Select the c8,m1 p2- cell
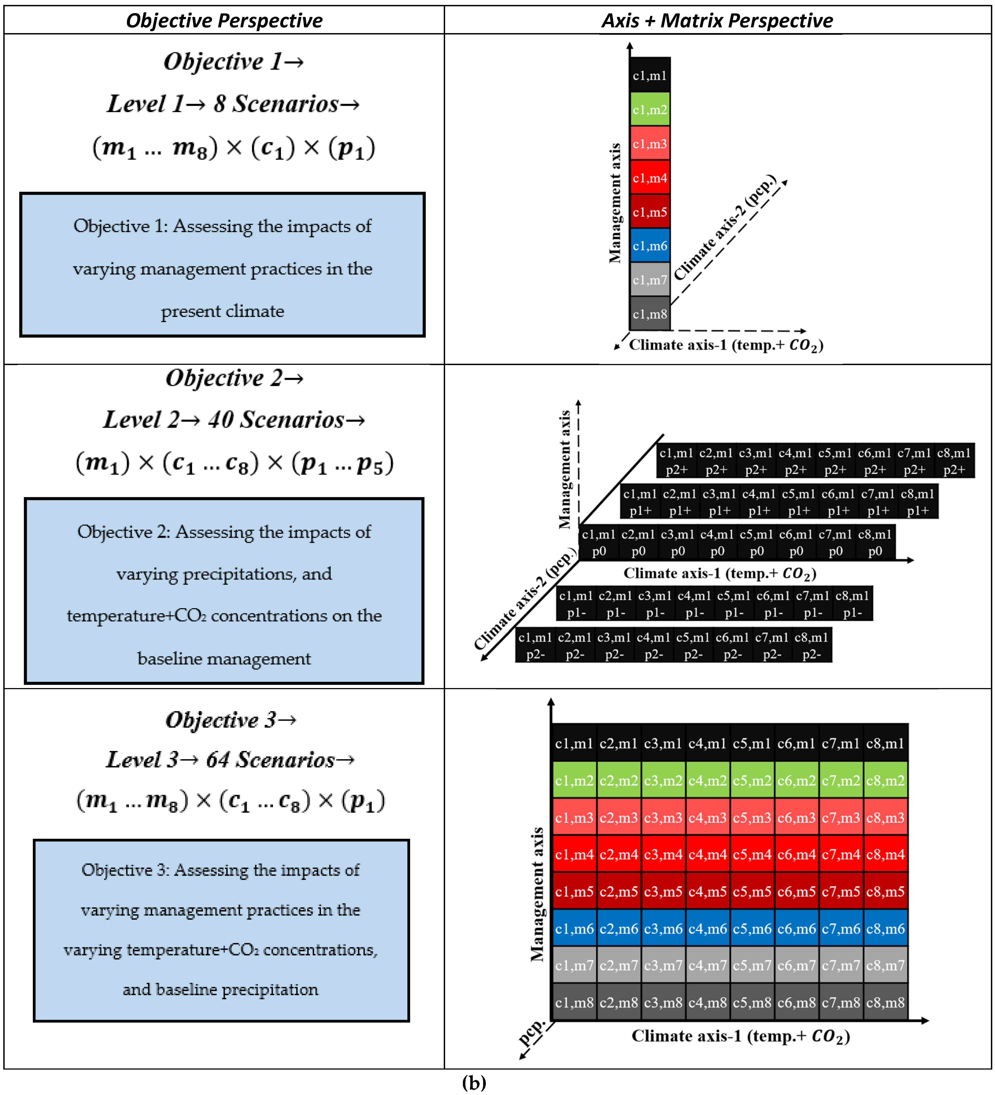pyautogui.click(x=811, y=645)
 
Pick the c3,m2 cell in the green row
pyautogui.click(x=663, y=781)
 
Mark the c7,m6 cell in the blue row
pyautogui.click(x=841, y=929)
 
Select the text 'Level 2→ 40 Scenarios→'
pyautogui.click(x=234, y=420)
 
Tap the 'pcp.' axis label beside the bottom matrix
pyautogui.click(x=532, y=1032)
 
